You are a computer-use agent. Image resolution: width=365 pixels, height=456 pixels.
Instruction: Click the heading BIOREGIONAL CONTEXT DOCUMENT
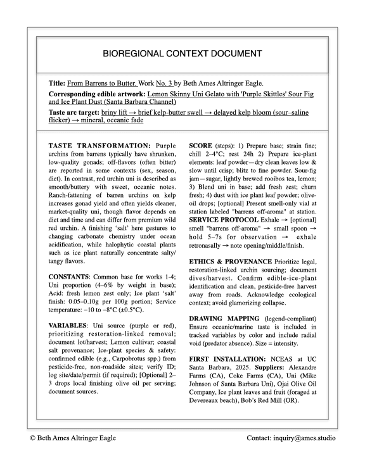tap(182, 54)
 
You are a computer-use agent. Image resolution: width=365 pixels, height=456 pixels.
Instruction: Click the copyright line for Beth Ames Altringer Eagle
tap(73, 438)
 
